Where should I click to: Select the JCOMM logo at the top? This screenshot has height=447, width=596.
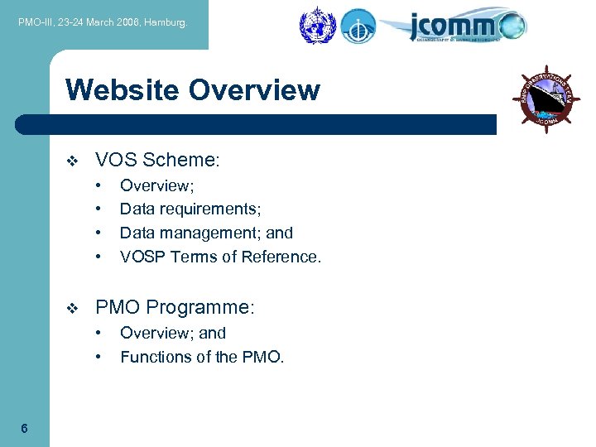click(466, 26)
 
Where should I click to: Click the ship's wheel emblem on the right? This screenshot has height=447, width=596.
click(546, 98)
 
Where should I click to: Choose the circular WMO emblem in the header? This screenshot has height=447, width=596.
click(315, 26)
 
